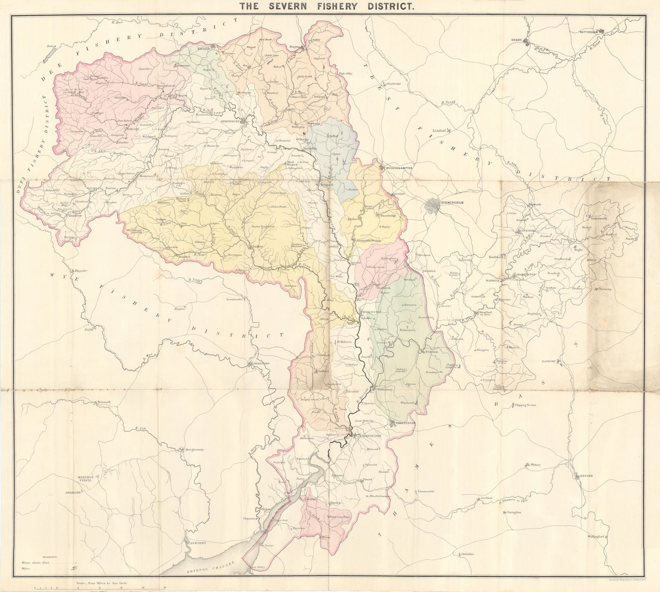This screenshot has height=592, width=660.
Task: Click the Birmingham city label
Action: (453, 204)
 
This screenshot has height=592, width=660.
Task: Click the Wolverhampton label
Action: (399, 168)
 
